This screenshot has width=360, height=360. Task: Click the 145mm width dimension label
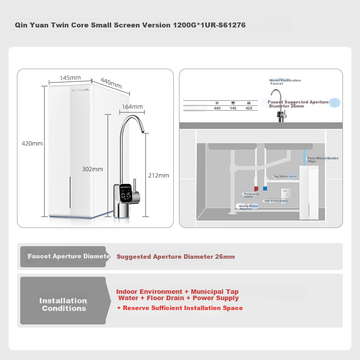click(x=71, y=78)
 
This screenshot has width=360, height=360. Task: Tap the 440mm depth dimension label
click(x=111, y=83)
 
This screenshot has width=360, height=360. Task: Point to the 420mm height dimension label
click(x=32, y=144)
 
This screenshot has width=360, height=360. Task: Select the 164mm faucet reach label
click(x=132, y=107)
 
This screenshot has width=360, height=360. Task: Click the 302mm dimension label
click(x=93, y=169)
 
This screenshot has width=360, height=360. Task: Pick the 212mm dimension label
click(x=158, y=175)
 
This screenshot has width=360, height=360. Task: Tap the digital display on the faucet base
click(x=126, y=194)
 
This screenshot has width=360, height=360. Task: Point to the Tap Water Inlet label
click(x=284, y=176)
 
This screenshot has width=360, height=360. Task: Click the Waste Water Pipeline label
click(x=248, y=207)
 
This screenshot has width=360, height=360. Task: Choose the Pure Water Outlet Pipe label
click(x=322, y=160)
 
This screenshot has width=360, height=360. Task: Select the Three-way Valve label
click(x=251, y=195)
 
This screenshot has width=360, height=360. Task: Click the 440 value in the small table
click(x=217, y=108)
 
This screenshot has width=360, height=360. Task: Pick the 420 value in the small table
click(x=248, y=108)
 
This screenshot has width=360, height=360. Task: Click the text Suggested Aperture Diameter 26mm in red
click(x=175, y=257)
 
